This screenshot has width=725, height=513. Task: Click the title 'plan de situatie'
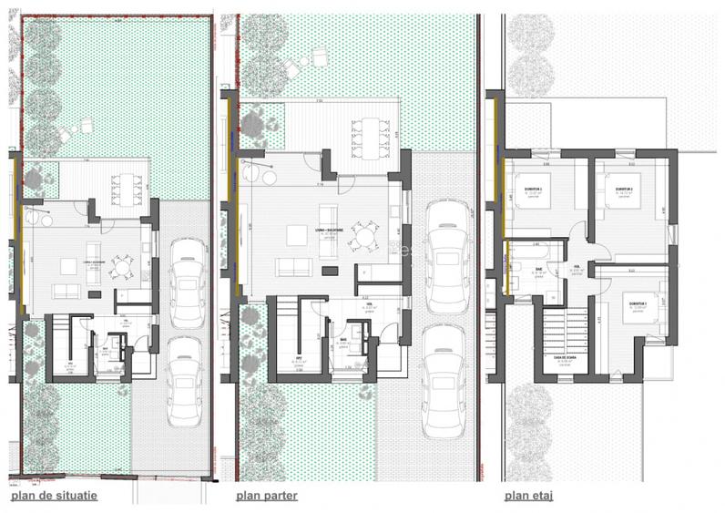[x=53, y=496]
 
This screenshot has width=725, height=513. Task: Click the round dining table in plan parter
[x=365, y=240]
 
